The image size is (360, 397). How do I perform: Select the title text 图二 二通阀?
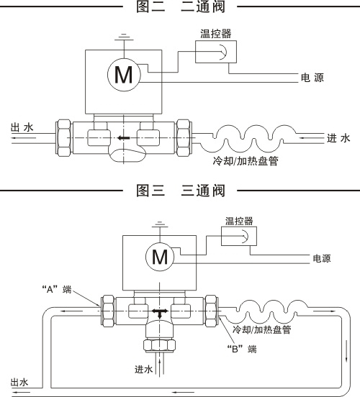(x=181, y=6)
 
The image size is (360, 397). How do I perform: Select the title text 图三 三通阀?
(x=181, y=191)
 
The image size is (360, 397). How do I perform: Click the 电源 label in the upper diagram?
(x=312, y=78)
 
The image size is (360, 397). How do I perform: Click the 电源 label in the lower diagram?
(x=322, y=258)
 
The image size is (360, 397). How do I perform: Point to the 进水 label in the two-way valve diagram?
(x=338, y=138)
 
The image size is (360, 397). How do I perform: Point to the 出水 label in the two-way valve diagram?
(x=22, y=127)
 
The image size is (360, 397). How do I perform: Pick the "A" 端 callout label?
(x=57, y=289)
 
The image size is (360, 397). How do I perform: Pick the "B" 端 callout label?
(x=242, y=349)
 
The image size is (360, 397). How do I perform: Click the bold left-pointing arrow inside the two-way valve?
(x=124, y=138)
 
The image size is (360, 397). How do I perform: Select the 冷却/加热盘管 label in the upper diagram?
(x=246, y=161)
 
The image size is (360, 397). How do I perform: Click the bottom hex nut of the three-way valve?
(x=159, y=345)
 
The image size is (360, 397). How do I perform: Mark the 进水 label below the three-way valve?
(x=143, y=370)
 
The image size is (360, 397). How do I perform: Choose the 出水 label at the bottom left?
(x=19, y=382)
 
